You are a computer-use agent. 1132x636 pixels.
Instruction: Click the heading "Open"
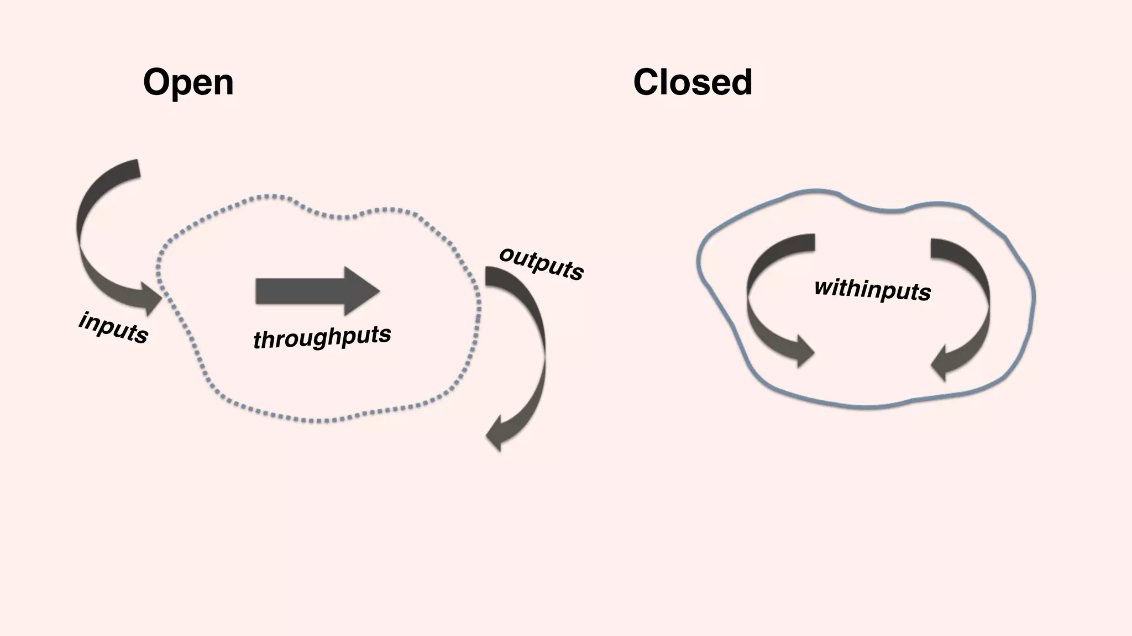[188, 83]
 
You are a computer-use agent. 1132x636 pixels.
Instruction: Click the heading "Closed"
[693, 83]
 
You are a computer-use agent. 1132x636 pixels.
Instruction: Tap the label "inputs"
[114, 328]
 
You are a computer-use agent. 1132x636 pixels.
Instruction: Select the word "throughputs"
[322, 337]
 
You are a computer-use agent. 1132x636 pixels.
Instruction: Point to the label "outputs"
[541, 263]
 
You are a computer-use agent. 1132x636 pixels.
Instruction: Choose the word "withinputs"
[873, 290]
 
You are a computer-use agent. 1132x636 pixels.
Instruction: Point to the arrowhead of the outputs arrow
[497, 433]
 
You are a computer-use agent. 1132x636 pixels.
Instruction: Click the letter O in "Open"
[157, 83]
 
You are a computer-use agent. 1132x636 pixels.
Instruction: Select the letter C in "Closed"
[647, 83]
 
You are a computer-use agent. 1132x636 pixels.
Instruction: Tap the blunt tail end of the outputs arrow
[491, 276]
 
